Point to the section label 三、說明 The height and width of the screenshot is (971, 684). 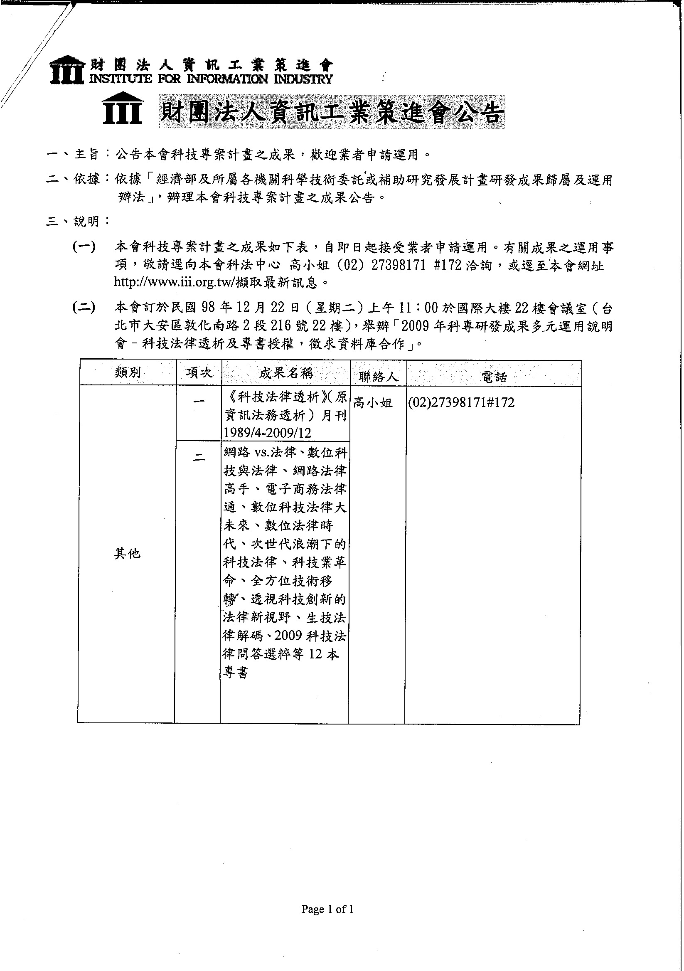point(78,221)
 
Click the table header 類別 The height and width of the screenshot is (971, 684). point(127,372)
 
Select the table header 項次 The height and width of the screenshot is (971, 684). point(199,372)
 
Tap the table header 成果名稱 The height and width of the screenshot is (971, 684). point(286,373)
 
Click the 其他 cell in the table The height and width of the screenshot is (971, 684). point(127,553)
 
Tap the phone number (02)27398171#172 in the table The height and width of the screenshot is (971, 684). point(461,402)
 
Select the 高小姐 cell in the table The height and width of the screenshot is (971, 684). point(372,403)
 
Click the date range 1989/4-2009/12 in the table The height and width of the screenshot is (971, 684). point(267,433)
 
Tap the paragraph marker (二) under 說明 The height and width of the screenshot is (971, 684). point(84,308)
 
